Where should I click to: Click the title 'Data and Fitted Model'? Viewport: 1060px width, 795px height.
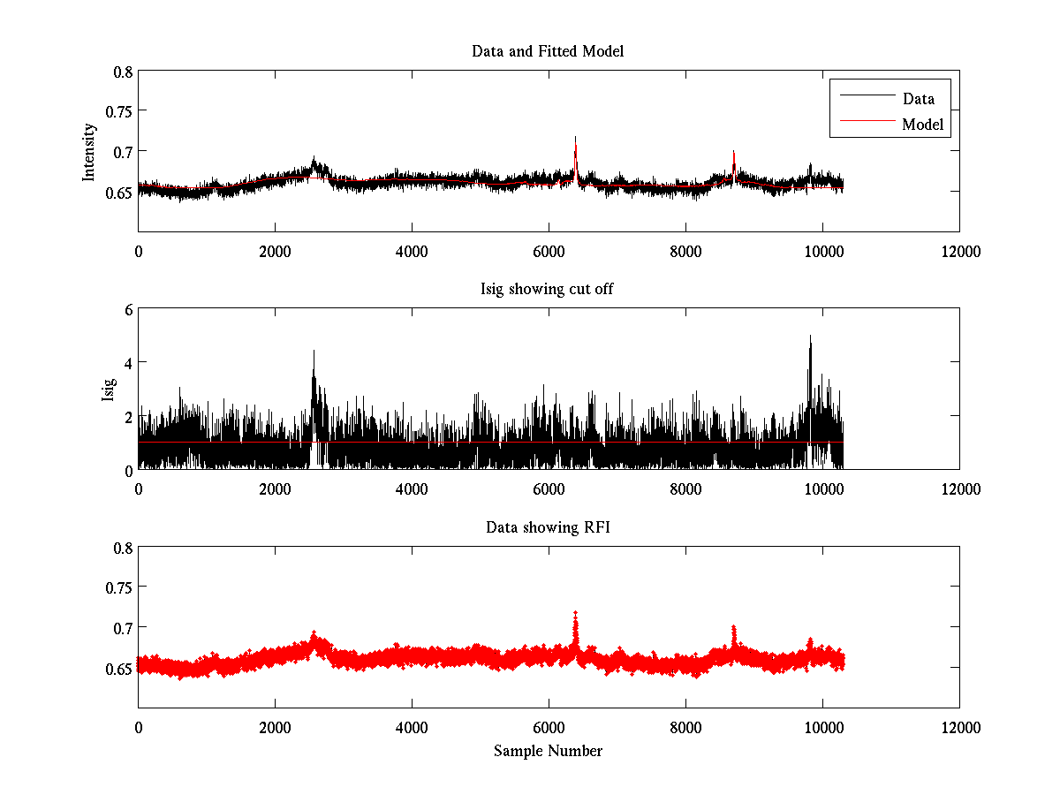[548, 51]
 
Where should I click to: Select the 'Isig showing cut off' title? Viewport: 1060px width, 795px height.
[548, 290]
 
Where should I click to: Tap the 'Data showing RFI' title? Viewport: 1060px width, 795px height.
[548, 528]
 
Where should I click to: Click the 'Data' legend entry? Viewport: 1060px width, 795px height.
[918, 99]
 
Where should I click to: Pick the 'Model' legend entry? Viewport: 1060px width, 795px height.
[923, 125]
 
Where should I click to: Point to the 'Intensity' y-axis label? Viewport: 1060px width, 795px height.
[89, 152]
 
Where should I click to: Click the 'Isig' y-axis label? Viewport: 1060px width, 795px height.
[108, 390]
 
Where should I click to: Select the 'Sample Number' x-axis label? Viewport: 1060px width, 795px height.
[548, 751]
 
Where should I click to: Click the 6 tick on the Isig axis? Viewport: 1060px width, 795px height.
[127, 310]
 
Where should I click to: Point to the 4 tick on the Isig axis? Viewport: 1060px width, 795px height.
[127, 363]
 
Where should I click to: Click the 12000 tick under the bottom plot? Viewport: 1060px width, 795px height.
[959, 728]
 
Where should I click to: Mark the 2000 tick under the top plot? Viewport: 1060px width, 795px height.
[275, 252]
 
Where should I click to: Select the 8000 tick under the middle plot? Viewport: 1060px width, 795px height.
[685, 489]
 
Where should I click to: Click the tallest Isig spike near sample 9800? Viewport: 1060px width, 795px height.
[810, 337]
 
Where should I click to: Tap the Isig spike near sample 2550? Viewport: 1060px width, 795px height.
[314, 352]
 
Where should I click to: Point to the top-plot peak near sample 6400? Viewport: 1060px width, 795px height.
[575, 139]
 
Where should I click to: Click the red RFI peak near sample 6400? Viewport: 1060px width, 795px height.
[576, 612]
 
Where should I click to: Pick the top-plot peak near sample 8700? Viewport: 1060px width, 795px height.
[733, 152]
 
